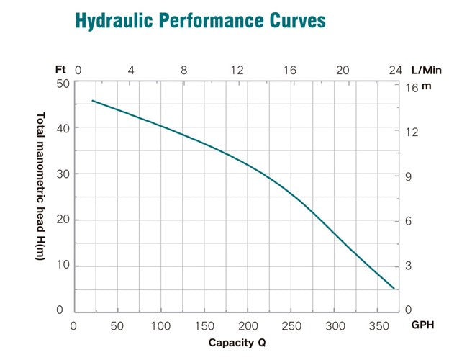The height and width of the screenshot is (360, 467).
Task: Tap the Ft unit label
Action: (60, 70)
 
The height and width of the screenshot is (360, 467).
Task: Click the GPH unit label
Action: (423, 325)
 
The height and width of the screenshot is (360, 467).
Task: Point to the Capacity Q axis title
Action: (237, 342)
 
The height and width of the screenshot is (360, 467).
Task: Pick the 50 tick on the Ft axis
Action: (63, 84)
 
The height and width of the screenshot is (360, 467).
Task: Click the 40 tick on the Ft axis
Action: (63, 129)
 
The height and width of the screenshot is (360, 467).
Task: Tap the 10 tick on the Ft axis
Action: (63, 265)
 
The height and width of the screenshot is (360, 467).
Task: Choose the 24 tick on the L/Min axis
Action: (394, 71)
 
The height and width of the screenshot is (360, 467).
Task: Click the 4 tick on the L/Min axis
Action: (131, 71)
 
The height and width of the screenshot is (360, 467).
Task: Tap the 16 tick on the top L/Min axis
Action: (290, 71)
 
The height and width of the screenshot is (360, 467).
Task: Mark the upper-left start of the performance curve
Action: (92, 101)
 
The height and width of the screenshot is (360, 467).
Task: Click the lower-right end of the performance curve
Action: (394, 289)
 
